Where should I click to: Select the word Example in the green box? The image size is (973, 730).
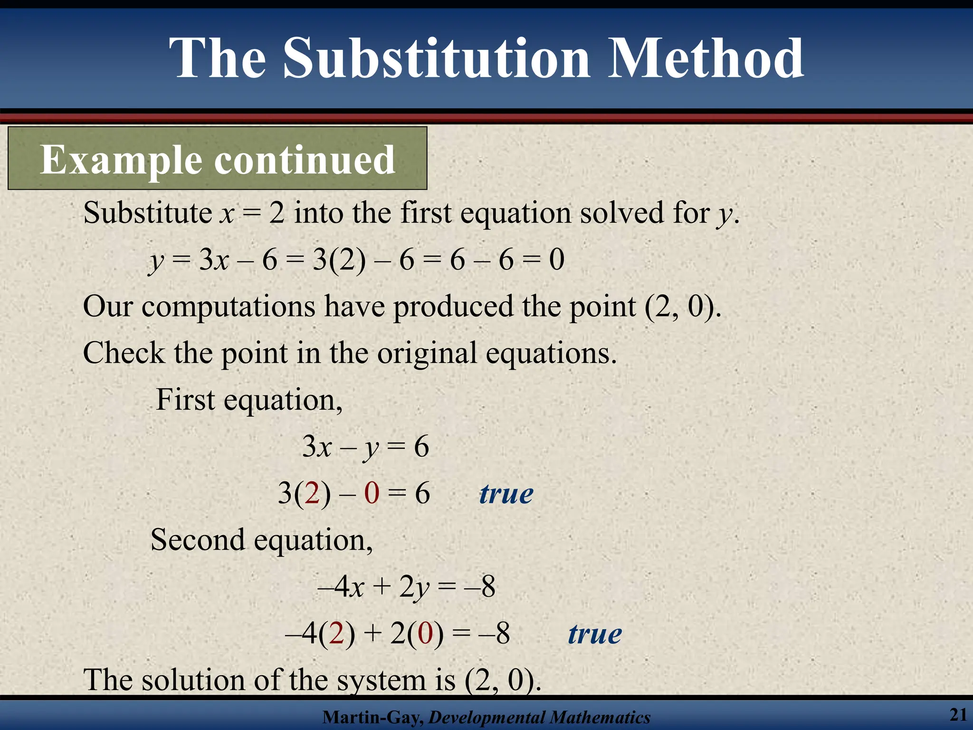121,161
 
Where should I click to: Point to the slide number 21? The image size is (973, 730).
958,714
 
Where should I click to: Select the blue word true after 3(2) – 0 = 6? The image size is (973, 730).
506,494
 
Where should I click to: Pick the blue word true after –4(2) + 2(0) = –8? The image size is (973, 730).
595,634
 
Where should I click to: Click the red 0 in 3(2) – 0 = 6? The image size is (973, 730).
372,493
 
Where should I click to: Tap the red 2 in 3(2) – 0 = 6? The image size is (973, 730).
312,493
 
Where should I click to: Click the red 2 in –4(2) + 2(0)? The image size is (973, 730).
336,634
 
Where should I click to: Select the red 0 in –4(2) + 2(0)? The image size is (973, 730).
425,634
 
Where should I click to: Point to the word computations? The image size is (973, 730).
229,307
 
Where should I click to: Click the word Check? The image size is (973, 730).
124,353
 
